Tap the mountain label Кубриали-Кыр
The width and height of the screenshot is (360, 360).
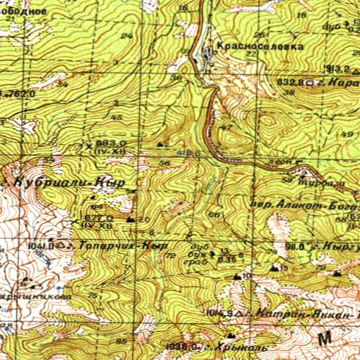coord(70,182)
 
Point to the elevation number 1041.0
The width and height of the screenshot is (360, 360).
coord(41,246)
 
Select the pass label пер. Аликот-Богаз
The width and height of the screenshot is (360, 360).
coord(302,205)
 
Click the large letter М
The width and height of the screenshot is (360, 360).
coord(325,339)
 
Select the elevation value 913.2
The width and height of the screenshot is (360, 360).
coord(339,68)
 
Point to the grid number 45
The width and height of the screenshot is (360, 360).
coord(117,117)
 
